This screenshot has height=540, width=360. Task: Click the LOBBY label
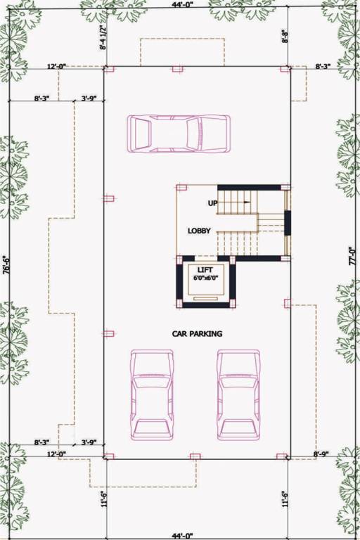(199, 231)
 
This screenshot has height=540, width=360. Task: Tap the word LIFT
(205, 270)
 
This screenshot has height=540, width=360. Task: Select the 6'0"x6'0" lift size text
(206, 278)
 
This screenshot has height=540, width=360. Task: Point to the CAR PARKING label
(197, 334)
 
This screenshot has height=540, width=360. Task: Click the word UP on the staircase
(212, 202)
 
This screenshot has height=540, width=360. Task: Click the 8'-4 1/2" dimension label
(103, 39)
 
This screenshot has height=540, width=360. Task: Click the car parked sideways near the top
(179, 132)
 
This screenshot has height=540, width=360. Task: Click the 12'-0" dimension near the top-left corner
(56, 65)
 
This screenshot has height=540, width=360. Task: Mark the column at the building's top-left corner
(108, 69)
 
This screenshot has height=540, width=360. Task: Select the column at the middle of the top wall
(177, 69)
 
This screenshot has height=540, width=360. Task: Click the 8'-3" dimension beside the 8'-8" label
(323, 65)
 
